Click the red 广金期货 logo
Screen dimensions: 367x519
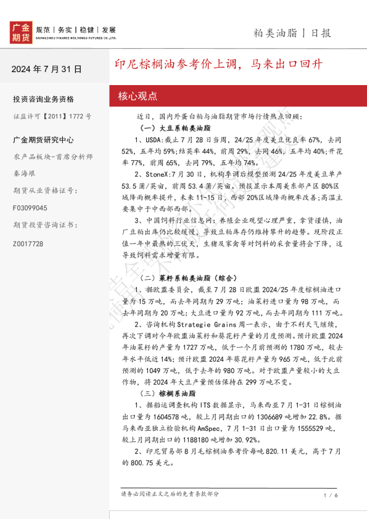21,32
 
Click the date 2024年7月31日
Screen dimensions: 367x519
46,69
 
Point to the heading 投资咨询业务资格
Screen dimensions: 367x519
43,99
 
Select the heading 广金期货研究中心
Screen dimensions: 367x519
43,140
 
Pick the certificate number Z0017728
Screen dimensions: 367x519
28,243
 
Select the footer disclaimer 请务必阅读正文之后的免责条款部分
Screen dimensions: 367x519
170,494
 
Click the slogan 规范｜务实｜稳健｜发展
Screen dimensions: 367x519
76,29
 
